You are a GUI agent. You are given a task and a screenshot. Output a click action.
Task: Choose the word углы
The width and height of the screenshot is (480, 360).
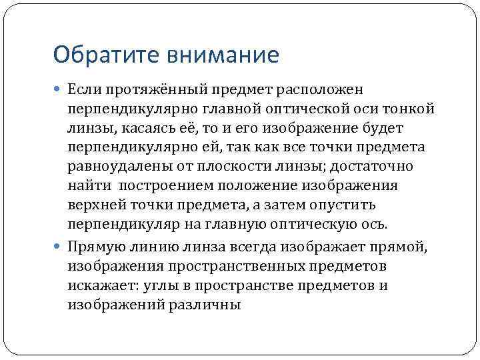[x=150, y=285]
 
